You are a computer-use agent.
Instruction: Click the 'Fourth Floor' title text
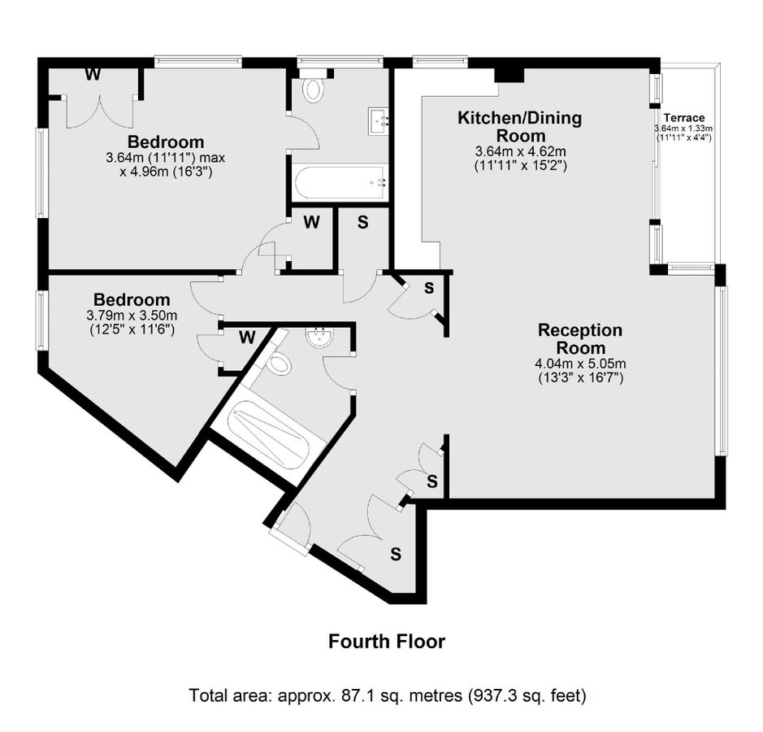[387, 642]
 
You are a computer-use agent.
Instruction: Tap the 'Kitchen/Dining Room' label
[520, 127]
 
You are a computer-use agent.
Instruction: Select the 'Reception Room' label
[580, 339]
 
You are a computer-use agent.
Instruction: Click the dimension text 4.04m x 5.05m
[580, 364]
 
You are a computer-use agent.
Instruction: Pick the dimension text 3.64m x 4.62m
[520, 151]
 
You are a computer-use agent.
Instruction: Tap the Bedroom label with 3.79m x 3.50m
[132, 300]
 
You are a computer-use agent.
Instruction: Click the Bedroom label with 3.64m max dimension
[165, 142]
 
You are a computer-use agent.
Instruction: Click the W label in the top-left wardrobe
[93, 76]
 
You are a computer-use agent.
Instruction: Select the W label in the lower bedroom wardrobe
[247, 337]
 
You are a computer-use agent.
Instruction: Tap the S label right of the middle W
[362, 222]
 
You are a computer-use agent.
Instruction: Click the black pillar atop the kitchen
[509, 73]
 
